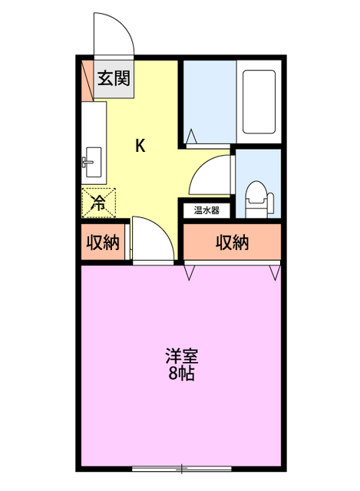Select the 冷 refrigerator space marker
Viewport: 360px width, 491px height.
click(x=99, y=203)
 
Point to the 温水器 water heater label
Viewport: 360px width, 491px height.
click(x=206, y=209)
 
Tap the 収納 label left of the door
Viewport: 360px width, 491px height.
click(x=102, y=243)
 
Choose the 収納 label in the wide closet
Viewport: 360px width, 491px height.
click(x=232, y=243)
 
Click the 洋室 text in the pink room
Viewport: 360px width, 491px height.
click(x=182, y=358)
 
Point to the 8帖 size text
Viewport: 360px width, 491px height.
click(x=182, y=374)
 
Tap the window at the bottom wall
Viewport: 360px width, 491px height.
click(x=181, y=467)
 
